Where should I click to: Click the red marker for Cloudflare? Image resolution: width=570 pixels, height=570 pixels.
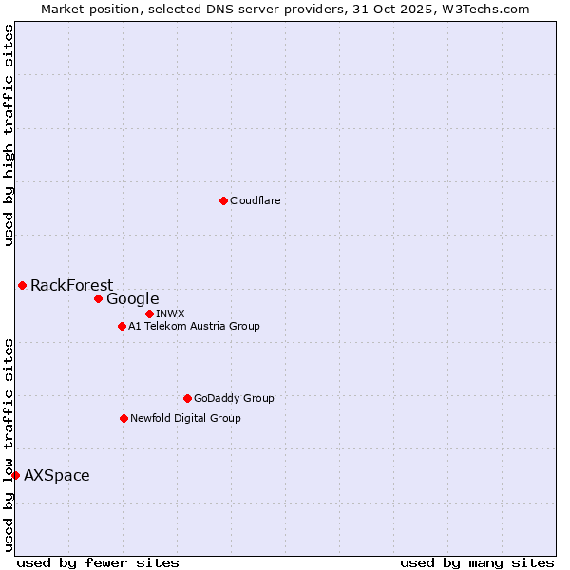223,200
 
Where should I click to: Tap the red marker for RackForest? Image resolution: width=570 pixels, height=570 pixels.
22,285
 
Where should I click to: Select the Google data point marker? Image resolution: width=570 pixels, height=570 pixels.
98,298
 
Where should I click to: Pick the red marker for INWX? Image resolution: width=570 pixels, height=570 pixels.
149,313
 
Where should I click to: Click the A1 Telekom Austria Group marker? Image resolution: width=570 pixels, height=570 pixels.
122,326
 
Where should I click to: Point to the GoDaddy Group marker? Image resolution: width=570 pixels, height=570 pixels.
187,398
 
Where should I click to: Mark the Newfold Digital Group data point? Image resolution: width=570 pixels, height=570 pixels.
123,418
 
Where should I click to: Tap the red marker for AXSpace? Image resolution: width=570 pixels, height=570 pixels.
15,475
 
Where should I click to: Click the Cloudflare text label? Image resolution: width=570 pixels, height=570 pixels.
255,200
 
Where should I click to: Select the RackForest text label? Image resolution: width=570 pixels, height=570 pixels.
71,285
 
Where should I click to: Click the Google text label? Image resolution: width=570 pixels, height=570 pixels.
132,298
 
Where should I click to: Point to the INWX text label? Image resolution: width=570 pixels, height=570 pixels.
170,313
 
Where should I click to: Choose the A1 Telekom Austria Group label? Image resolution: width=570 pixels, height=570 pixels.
194,326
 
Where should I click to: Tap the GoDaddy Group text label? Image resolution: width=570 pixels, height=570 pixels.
234,398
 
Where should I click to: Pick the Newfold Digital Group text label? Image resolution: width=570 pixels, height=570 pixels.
185,418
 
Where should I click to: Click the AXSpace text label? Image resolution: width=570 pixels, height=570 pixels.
57,475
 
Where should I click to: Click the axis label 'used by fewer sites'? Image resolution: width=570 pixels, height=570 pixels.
98,562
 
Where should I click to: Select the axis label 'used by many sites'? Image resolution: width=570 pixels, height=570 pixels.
477,562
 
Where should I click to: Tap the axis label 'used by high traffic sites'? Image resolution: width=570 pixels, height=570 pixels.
9,135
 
